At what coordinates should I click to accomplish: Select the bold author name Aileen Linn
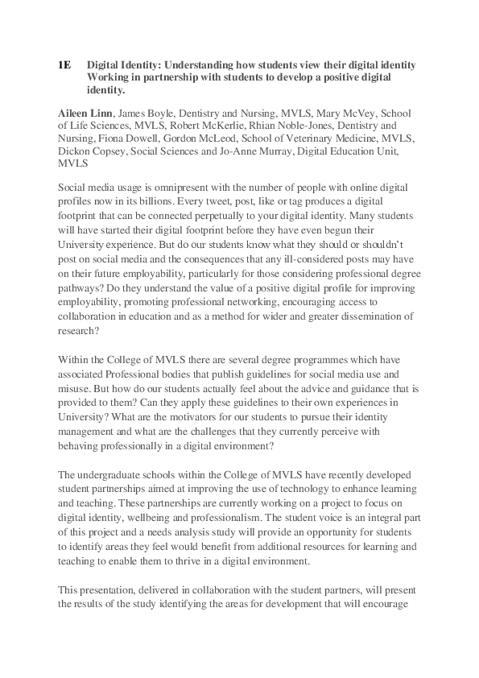click(84, 112)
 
